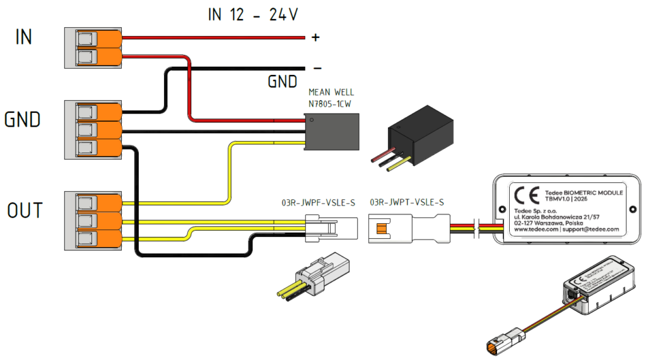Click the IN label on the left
23,37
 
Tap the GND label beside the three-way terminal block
23,119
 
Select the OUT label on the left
25,211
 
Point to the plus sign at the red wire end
316,38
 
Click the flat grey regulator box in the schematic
332,131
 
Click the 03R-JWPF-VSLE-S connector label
318,203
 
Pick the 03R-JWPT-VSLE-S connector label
406,203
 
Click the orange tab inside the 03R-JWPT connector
382,227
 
